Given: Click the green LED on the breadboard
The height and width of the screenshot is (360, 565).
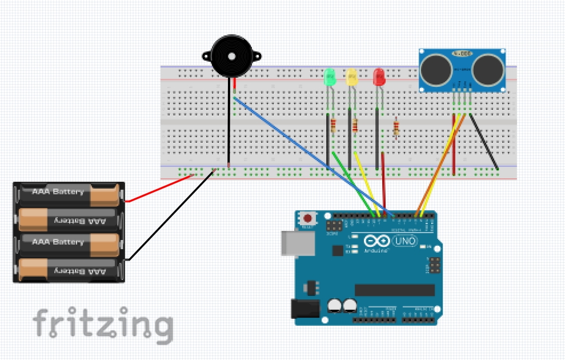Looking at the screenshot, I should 329,77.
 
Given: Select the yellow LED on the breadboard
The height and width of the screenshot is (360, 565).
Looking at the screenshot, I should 352,77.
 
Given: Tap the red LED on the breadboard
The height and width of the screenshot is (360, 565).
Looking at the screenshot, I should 378,77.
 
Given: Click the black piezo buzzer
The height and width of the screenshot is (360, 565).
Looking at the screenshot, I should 231,56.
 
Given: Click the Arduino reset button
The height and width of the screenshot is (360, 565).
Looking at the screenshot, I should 309,218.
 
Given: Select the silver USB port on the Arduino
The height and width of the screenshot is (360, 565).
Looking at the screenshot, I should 298,243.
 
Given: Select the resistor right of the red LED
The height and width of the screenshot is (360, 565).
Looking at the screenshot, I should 396,128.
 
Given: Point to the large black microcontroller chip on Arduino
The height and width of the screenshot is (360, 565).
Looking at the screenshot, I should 394,290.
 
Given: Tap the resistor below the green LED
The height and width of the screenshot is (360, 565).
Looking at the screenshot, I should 333,126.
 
